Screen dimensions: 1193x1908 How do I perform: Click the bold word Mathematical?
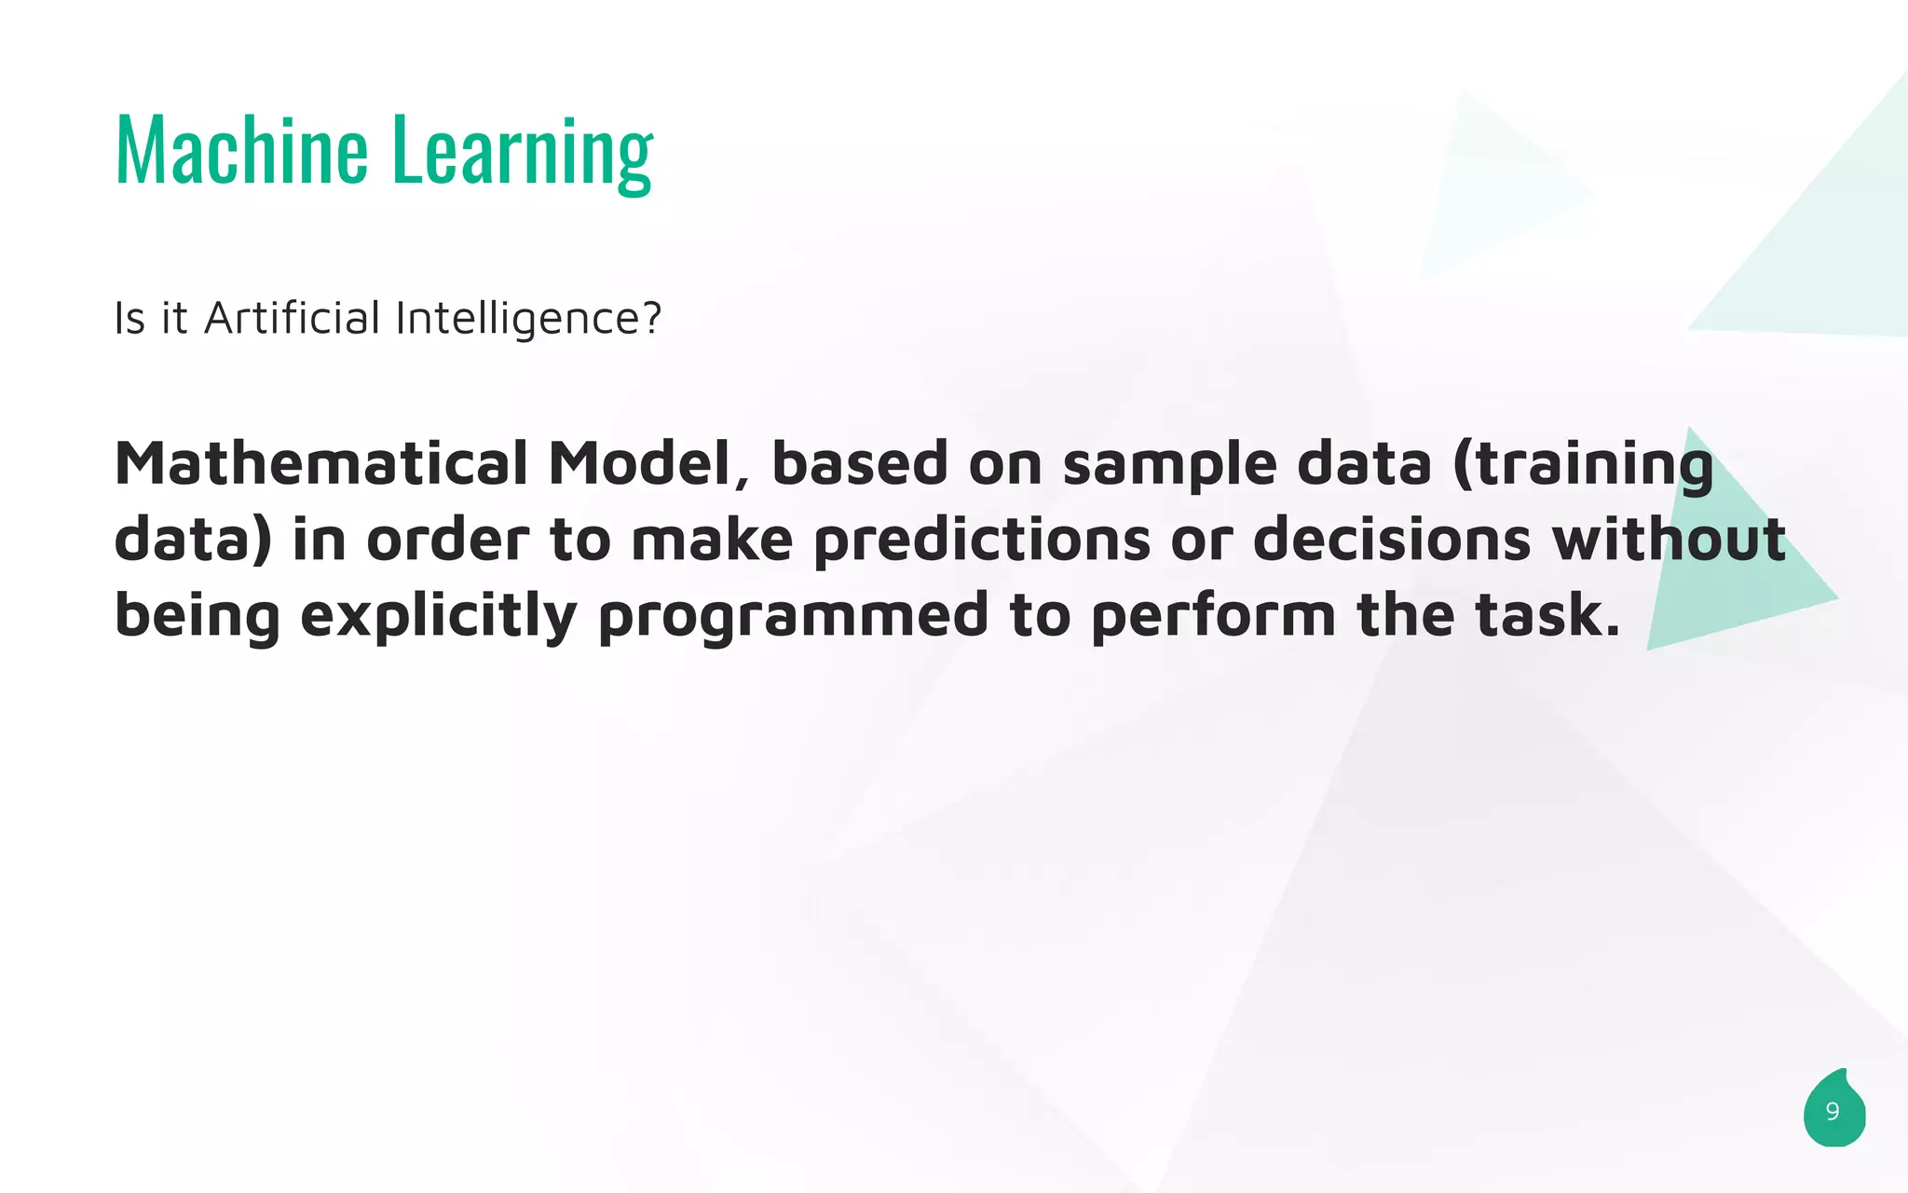[320, 463]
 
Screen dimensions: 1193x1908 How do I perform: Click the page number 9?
[1833, 1112]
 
